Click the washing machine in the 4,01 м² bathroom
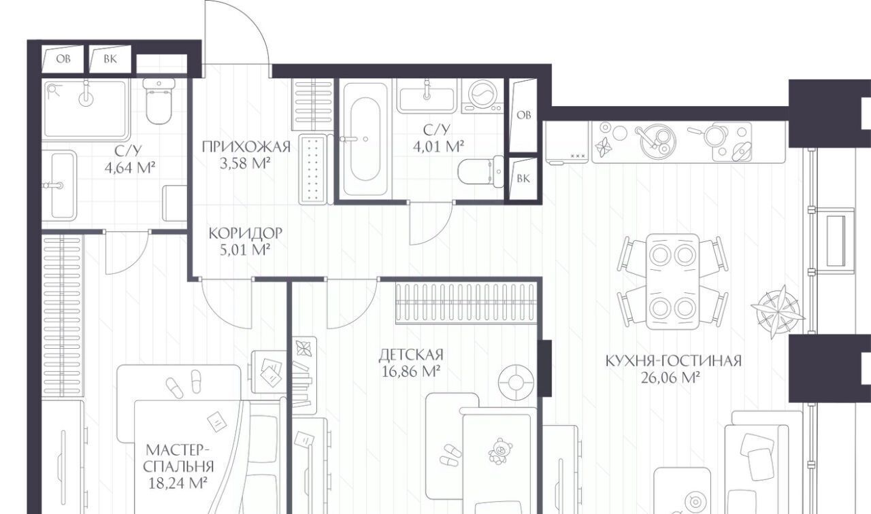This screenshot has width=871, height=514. [x=482, y=96]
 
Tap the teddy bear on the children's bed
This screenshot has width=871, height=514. [x=500, y=451]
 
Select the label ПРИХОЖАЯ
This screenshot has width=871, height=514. [x=246, y=147]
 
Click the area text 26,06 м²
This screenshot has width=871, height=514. [x=671, y=377]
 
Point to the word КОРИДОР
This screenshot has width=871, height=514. [x=246, y=233]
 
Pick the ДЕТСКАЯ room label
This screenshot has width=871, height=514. [x=411, y=355]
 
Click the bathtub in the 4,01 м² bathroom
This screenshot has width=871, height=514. [x=365, y=139]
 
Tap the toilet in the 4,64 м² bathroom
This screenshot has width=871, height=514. [x=159, y=101]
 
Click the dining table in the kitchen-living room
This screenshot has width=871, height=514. [x=672, y=281]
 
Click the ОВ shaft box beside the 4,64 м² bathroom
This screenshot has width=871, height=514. [x=63, y=59]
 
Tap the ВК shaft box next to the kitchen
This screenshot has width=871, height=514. [x=523, y=178]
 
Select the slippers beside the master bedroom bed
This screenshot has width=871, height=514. [x=184, y=383]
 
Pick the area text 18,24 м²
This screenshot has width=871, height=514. [x=178, y=483]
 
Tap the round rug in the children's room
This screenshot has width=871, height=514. [x=516, y=383]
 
